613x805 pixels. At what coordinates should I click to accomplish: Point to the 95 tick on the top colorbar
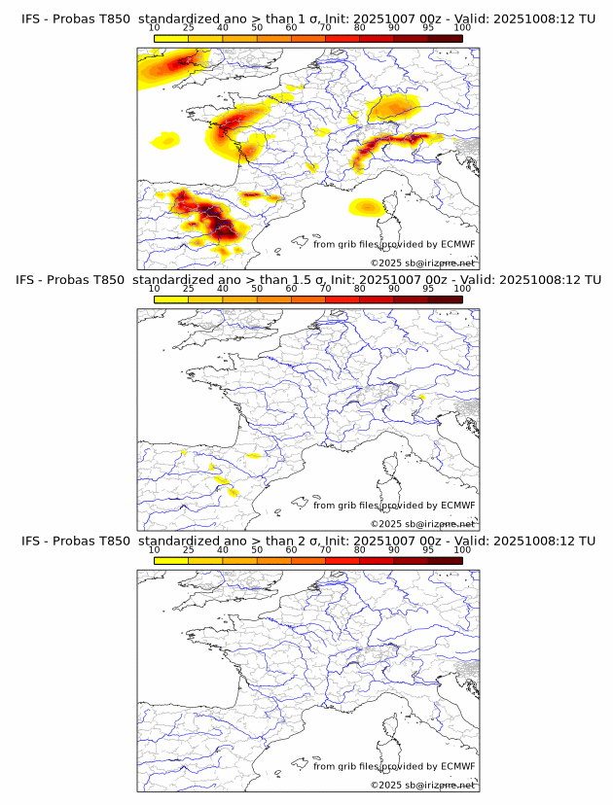pyautogui.click(x=428, y=28)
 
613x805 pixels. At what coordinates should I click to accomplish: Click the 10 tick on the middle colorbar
pyautogui.click(x=154, y=289)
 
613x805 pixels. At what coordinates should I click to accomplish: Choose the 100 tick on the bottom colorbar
pyautogui.click(x=462, y=549)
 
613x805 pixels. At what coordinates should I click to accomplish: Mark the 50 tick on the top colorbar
pyautogui.click(x=257, y=28)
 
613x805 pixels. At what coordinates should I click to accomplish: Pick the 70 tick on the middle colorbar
pyautogui.click(x=325, y=289)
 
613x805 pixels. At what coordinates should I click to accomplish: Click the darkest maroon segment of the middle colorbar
pyautogui.click(x=446, y=298)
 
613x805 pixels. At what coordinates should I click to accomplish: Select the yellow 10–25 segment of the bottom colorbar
pyautogui.click(x=171, y=559)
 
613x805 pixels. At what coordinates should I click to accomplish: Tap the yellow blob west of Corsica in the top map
pyautogui.click(x=366, y=206)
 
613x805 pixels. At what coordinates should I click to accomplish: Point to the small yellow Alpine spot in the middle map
pyautogui.click(x=421, y=397)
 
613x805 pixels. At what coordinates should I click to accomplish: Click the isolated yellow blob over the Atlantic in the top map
pyautogui.click(x=166, y=142)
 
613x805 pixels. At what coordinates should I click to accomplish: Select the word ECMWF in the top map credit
pyautogui.click(x=457, y=245)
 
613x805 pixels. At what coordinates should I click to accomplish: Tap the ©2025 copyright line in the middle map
pyautogui.click(x=422, y=524)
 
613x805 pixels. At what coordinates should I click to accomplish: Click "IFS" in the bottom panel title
pyautogui.click(x=31, y=541)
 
